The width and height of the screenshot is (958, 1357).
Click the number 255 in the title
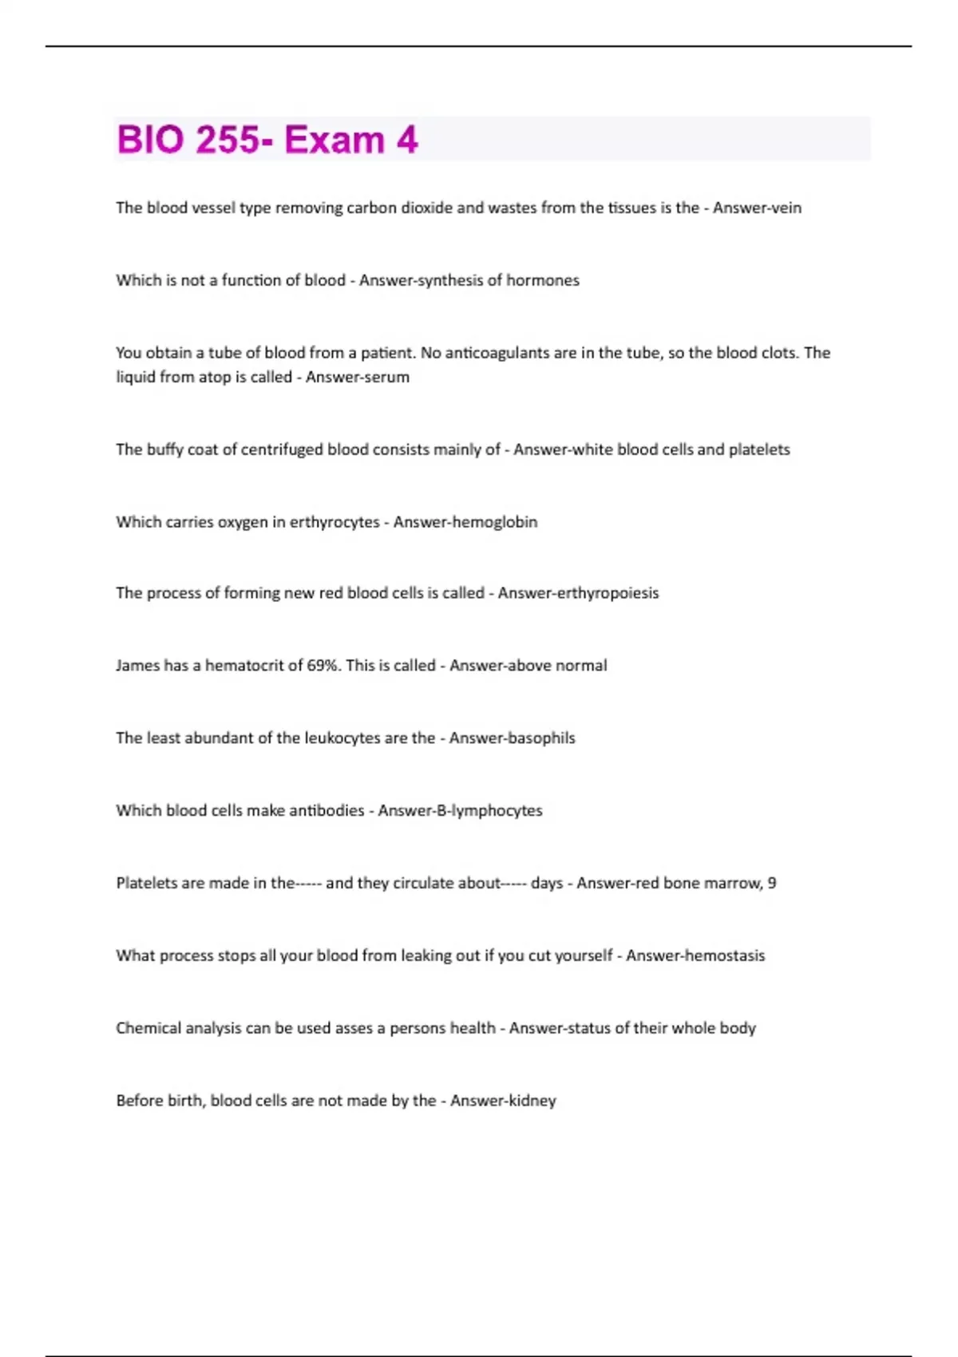pyautogui.click(x=228, y=140)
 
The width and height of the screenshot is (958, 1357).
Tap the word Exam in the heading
pyautogui.click(x=335, y=140)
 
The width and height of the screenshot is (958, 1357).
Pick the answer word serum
pyautogui.click(x=387, y=377)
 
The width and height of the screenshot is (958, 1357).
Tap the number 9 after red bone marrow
pyautogui.click(x=771, y=883)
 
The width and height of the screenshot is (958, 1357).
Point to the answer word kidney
pyautogui.click(x=532, y=1101)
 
